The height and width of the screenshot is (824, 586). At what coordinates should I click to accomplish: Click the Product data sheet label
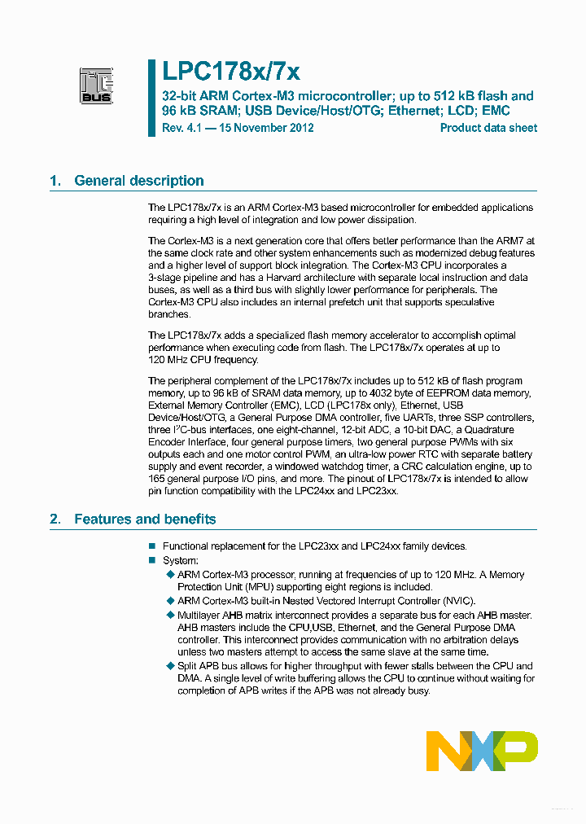488,128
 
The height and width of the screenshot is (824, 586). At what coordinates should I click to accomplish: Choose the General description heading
138,181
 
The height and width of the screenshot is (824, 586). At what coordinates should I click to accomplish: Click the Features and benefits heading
145,519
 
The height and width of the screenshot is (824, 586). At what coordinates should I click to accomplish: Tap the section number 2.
55,519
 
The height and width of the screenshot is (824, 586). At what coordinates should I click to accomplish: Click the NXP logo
482,751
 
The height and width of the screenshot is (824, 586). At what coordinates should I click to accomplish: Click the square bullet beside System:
152,561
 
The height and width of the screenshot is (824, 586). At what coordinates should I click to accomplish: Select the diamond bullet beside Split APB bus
170,666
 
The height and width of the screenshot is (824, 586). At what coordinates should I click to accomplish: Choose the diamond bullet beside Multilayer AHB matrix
170,615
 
